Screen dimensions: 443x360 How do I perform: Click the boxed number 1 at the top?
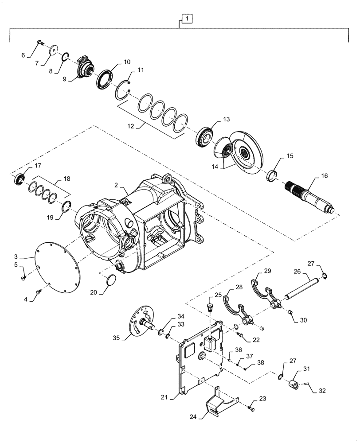point(187,19)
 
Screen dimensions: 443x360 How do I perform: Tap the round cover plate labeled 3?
point(58,266)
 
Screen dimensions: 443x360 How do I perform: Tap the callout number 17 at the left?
point(38,166)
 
